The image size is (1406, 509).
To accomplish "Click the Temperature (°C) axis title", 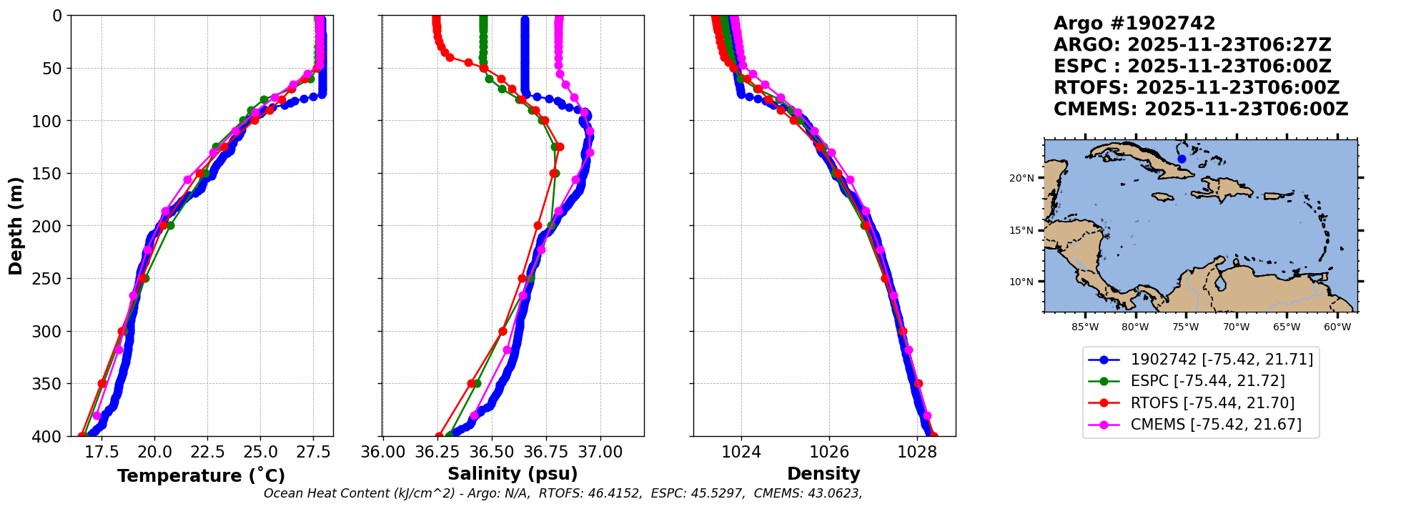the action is pos(202,475).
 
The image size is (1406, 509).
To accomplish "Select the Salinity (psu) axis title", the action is pos(513,474).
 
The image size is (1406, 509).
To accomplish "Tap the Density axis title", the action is pos(823,474).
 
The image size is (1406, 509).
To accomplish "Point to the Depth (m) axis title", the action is pos(16,226).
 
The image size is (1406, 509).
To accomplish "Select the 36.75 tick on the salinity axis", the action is pos(546,452).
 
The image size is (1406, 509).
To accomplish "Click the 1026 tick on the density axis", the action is pos(829,452).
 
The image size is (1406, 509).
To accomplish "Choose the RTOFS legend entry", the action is pos(1200,403).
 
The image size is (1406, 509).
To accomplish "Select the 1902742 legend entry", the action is pos(1200,360).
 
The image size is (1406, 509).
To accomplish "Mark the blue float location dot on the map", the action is pos(1182,159).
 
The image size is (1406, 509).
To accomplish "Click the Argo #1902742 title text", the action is pos(1134,24).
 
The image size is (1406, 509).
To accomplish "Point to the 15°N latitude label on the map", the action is pos(1021,230).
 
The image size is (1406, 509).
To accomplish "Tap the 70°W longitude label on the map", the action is pos(1236,327).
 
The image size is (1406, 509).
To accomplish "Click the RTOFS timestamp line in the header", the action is pos(1197,88).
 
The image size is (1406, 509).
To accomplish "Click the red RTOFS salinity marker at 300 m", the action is pos(503,331).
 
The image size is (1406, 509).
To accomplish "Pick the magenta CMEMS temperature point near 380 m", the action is pos(97,415).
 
